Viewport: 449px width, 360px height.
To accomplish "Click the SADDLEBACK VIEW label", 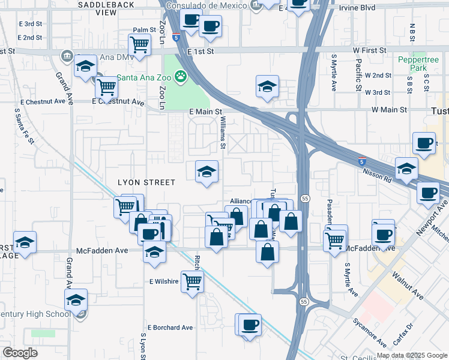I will pos(97,8).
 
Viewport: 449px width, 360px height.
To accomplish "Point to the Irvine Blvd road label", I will pos(357,7).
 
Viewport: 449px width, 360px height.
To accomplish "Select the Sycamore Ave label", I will pos(370,332).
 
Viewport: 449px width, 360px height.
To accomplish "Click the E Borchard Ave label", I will pos(171,328).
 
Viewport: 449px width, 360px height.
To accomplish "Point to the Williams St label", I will pos(222,133).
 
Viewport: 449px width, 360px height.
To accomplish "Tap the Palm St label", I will pos(144,29).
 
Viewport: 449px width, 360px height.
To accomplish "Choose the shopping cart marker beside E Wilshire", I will pos(192,280).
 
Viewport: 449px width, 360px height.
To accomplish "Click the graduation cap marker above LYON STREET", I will pos(206,172).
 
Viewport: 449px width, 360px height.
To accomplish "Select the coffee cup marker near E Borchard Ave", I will pos(250,325).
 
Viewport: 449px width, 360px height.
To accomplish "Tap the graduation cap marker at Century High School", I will pos(76,299).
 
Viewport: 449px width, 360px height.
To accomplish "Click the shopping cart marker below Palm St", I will pos(139,44).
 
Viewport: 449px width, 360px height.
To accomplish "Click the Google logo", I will pos(20,353).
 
